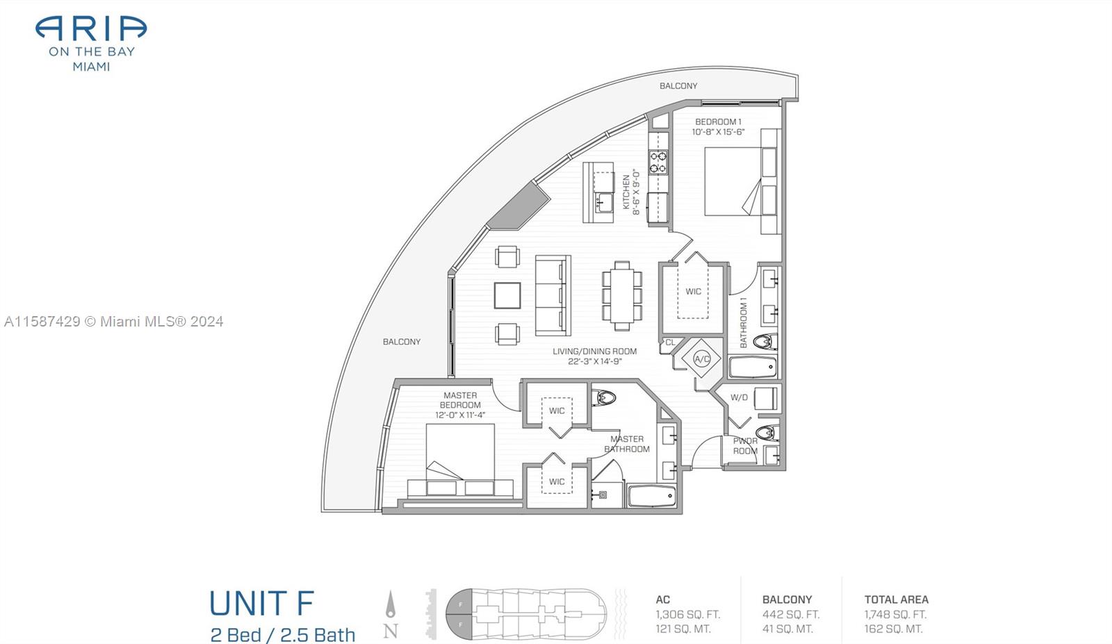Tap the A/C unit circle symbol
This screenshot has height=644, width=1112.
point(701,358)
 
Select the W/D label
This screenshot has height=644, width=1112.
point(739,397)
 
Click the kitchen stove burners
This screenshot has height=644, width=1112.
point(659,163)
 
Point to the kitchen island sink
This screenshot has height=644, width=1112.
point(604,202)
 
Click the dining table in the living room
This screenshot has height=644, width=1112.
point(622,296)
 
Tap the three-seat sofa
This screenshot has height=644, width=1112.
point(553,296)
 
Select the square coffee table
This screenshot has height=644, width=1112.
point(507,296)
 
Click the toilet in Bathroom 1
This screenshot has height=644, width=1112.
point(764,341)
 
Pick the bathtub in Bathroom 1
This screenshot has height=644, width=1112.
point(753,367)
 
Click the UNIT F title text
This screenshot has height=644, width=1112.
point(261,603)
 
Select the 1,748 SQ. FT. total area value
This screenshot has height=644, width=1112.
point(896,614)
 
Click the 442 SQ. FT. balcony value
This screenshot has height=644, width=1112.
point(791,614)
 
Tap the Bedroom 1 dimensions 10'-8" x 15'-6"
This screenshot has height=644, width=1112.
point(719,132)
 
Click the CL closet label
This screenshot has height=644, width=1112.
point(670,342)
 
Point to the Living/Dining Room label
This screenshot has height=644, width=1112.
point(595,352)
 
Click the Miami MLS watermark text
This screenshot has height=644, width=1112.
point(114,322)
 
